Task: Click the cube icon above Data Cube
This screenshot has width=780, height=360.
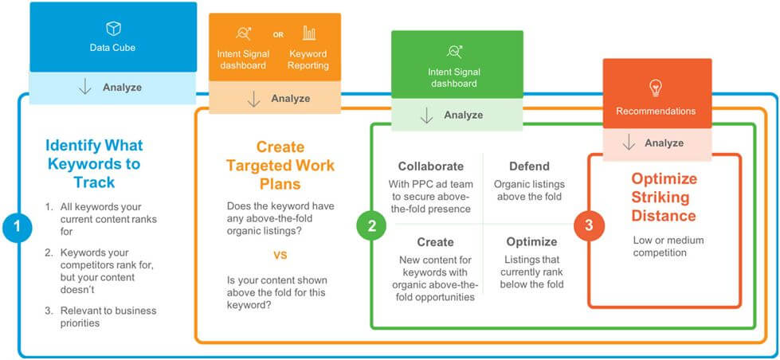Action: (x=113, y=29)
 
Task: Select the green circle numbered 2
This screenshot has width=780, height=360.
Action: (x=371, y=226)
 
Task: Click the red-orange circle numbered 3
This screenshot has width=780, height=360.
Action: (x=589, y=225)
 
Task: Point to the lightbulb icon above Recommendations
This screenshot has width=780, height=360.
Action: (x=656, y=87)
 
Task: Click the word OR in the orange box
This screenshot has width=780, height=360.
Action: (x=278, y=34)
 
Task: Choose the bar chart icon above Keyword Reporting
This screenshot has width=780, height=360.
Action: (x=309, y=33)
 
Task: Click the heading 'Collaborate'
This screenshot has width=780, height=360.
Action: (x=431, y=166)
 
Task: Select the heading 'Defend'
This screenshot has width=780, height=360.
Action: (x=529, y=166)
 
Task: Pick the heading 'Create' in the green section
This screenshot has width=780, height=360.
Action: (x=435, y=241)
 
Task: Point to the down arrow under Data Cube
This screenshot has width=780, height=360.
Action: (x=85, y=87)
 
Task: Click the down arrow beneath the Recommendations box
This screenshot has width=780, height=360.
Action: (x=629, y=143)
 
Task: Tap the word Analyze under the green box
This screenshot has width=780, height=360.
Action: (x=464, y=115)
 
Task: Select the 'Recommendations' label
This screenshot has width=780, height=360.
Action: (x=656, y=112)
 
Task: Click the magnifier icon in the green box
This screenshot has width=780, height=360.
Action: (x=456, y=53)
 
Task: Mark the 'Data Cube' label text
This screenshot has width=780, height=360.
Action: (x=112, y=49)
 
